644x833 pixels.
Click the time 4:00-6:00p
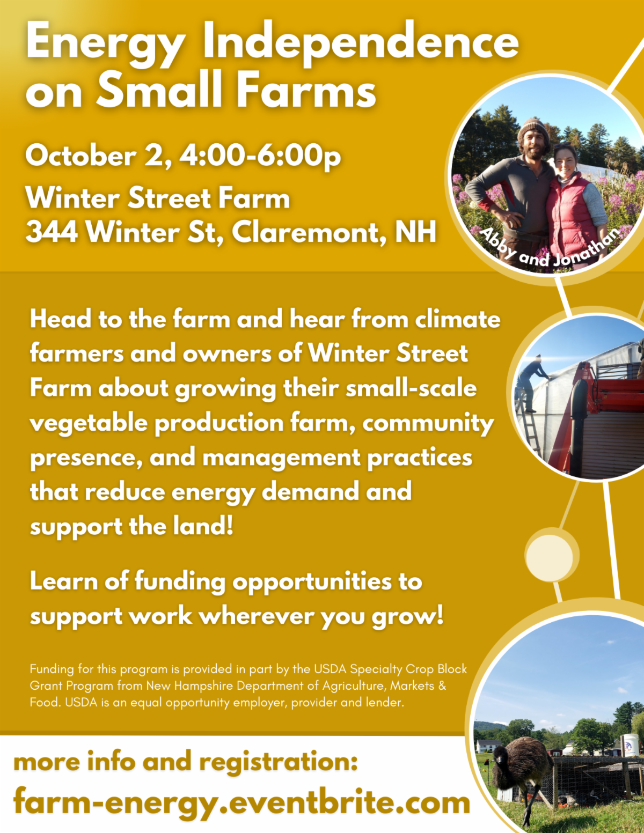pyautogui.click(x=260, y=157)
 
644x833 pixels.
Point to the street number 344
pyautogui.click(x=52, y=232)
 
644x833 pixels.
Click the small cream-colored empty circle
pyautogui.click(x=550, y=557)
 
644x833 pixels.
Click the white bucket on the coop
pyautogui.click(x=628, y=745)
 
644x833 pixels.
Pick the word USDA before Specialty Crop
pyautogui.click(x=330, y=669)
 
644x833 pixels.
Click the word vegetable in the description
pyautogui.click(x=89, y=423)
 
